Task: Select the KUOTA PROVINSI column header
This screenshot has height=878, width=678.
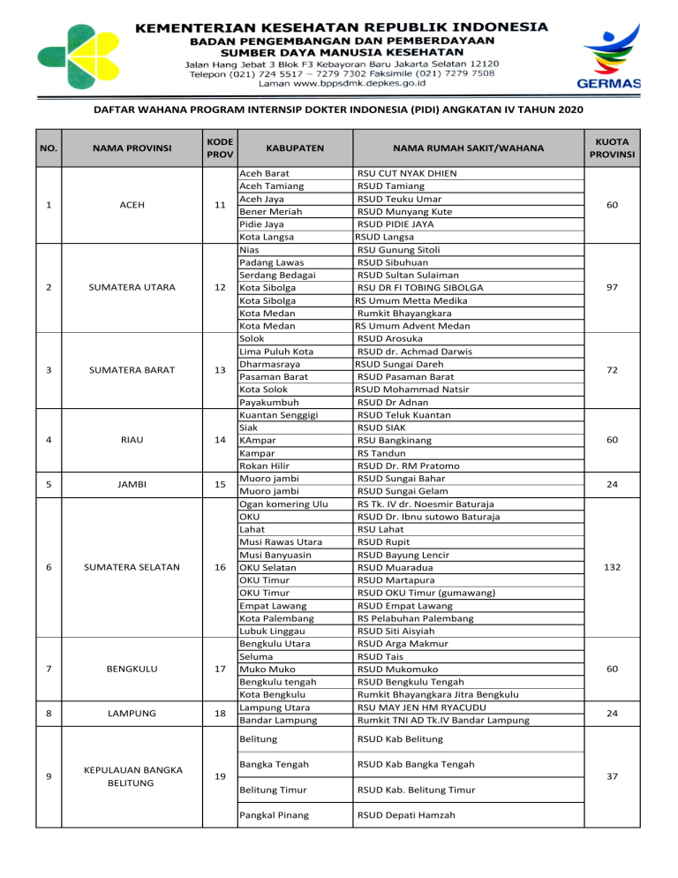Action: [630, 148]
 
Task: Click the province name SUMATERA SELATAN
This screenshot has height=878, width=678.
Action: [139, 566]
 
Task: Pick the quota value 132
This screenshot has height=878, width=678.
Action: [630, 566]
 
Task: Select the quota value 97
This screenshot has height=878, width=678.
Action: [630, 287]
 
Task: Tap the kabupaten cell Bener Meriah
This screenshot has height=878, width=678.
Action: [271, 212]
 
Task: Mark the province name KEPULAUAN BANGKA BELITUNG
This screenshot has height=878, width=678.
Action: [139, 776]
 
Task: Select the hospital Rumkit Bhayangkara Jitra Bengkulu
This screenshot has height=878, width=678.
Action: [437, 695]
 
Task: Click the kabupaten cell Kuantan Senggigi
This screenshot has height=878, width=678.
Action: [280, 414]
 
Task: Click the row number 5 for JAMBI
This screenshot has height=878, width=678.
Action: [48, 484]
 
